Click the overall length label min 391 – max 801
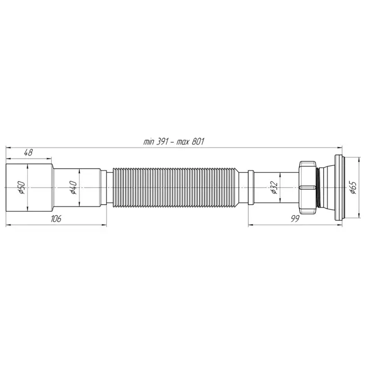tap(174, 141)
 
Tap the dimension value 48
tap(28, 153)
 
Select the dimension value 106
tap(56, 218)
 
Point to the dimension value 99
tap(295, 218)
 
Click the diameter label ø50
tap(22, 188)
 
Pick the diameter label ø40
tap(74, 188)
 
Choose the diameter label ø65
tap(353, 188)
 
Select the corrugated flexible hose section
tap(176, 187)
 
